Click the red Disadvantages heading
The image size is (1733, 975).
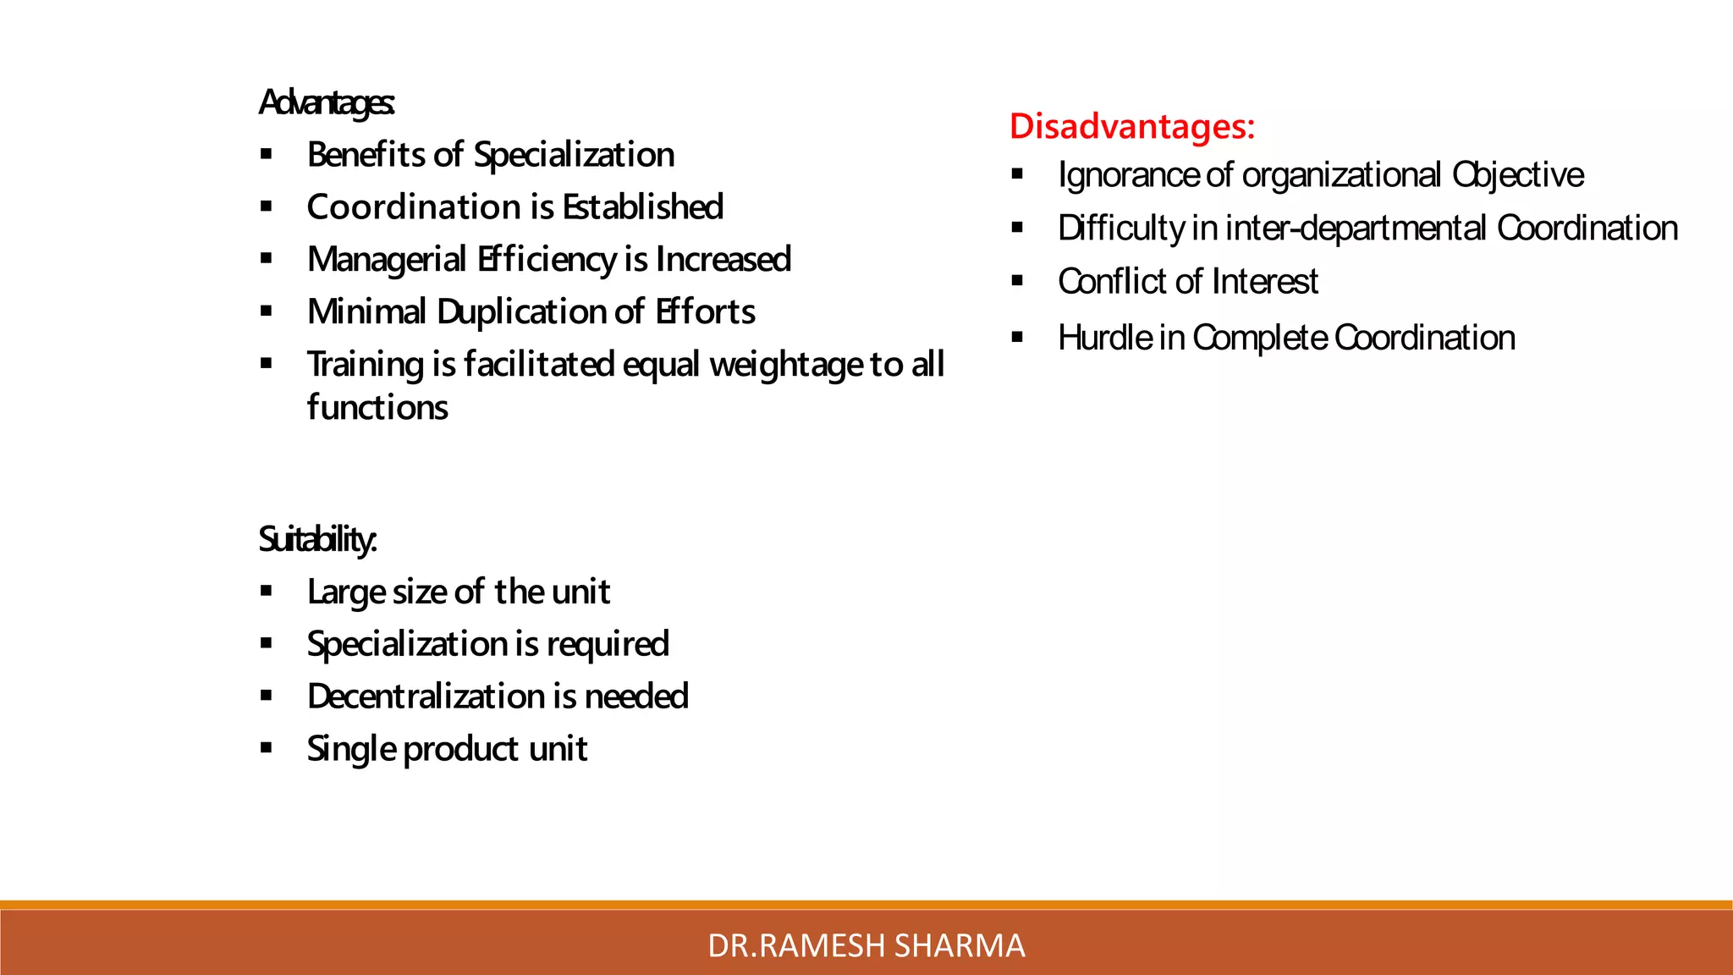[1131, 126]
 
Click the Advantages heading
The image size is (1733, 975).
[326, 103]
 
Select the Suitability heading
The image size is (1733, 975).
[317, 539]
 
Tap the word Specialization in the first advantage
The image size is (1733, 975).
[574, 155]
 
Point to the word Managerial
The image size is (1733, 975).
[387, 260]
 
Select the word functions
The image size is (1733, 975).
[377, 408]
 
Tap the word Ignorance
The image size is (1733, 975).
[1128, 176]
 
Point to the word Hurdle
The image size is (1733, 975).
[1104, 338]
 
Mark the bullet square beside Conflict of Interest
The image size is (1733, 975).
[1017, 281]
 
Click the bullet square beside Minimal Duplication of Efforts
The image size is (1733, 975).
[267, 311]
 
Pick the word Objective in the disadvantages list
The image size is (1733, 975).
[1518, 176]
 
